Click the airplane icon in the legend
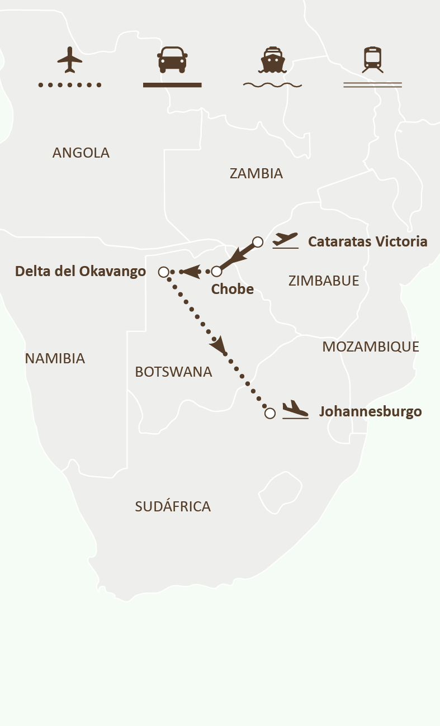[x=69, y=60]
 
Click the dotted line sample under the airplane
[x=69, y=85]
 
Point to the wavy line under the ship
[x=272, y=85]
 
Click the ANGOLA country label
[x=81, y=153]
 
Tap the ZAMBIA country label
[x=256, y=173]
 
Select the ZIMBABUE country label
[x=324, y=281]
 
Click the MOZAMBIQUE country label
[x=371, y=347]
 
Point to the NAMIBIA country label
[x=55, y=358]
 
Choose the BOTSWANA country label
[x=173, y=372]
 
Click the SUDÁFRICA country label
[x=173, y=506]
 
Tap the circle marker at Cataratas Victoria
[x=258, y=242]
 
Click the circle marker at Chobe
[x=217, y=272]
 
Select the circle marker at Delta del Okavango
[x=163, y=272]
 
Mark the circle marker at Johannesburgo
[x=270, y=414]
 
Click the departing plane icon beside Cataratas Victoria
[x=286, y=241]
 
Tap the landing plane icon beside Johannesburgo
[x=295, y=410]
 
